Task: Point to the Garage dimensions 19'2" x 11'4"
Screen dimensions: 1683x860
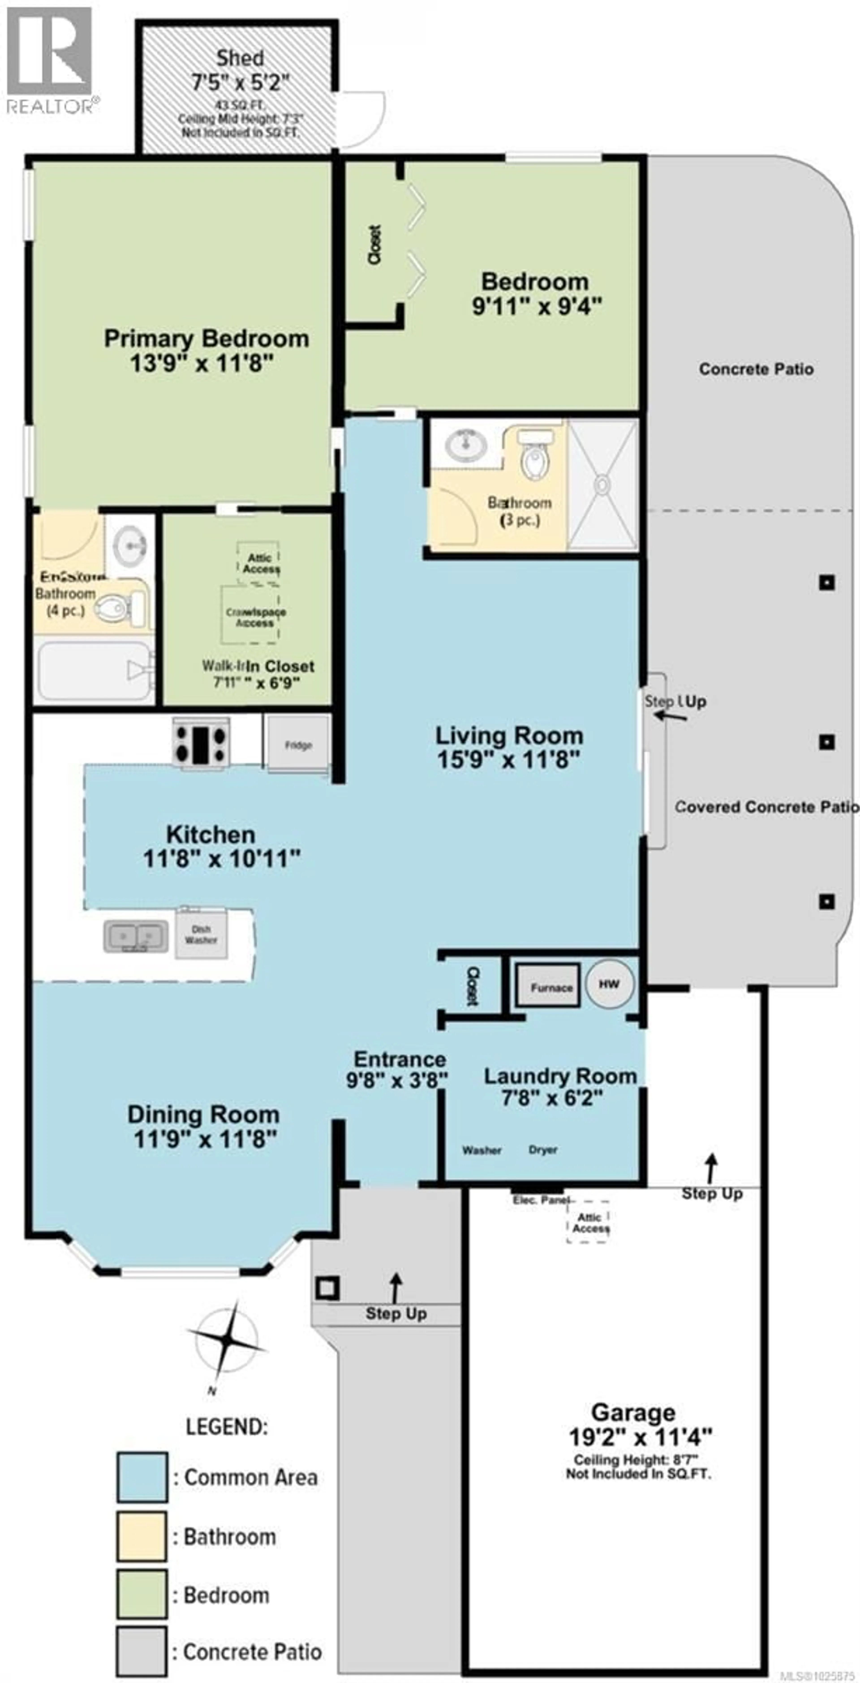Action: (x=640, y=1437)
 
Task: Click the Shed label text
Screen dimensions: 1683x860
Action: (x=240, y=58)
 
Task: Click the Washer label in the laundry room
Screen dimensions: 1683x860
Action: (x=482, y=1150)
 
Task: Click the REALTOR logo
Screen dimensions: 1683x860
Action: (x=50, y=59)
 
